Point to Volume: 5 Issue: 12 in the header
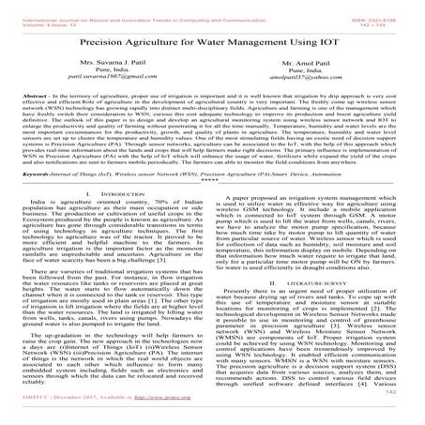coord(47,13)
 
